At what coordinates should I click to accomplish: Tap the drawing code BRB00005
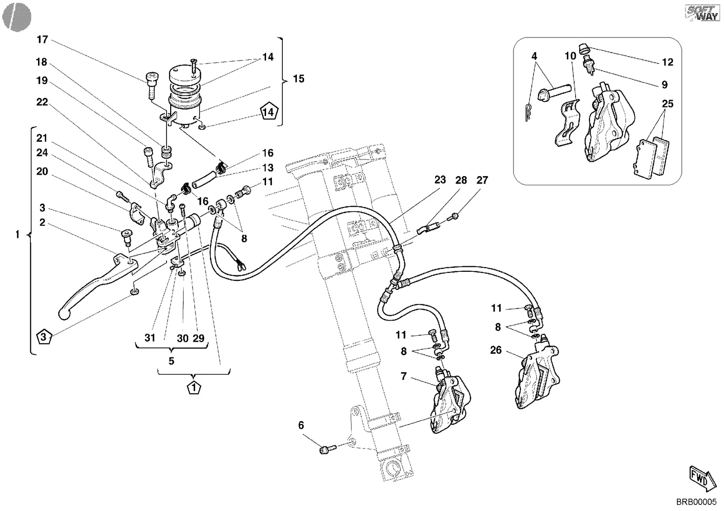(696, 502)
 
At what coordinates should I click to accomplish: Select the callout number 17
(43, 39)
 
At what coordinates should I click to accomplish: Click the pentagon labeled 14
(269, 111)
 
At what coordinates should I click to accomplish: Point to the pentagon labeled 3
(44, 336)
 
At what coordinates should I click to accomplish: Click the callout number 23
(440, 179)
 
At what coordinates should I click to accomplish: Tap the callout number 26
(496, 350)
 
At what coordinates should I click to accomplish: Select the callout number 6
(301, 425)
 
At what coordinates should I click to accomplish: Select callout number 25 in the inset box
(667, 104)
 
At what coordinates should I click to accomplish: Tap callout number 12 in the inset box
(667, 62)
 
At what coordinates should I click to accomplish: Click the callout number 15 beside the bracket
(299, 79)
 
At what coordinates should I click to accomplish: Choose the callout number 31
(150, 338)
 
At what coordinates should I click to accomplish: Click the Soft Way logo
(702, 13)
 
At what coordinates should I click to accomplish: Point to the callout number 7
(403, 376)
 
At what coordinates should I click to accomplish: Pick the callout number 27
(482, 180)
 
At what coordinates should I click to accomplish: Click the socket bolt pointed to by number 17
(151, 86)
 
